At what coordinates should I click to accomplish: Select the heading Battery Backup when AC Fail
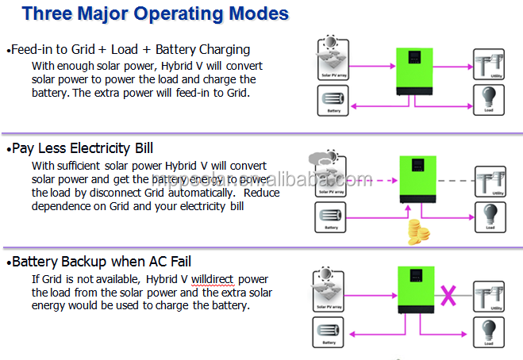point(102,261)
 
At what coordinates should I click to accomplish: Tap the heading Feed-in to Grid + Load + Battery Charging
point(130,49)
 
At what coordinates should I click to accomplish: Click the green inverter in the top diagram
point(415,71)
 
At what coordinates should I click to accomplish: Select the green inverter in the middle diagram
point(415,179)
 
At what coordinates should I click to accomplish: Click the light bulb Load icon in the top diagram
point(489,98)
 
